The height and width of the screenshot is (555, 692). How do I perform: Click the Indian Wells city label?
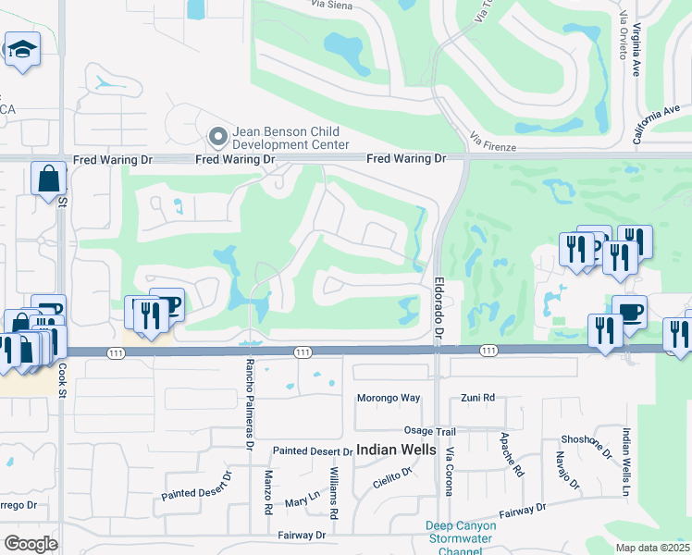[x=396, y=450]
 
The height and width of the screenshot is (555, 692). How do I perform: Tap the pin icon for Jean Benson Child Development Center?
[x=218, y=138]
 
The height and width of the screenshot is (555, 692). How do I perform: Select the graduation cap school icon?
[x=21, y=51]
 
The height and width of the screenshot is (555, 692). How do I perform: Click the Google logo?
[x=31, y=544]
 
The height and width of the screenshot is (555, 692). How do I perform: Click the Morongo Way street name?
[x=389, y=398]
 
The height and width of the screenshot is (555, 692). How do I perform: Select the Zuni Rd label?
[x=477, y=398]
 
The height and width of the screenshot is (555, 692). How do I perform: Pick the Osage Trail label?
[x=430, y=431]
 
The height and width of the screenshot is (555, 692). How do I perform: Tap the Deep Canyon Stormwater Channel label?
[x=461, y=539]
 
